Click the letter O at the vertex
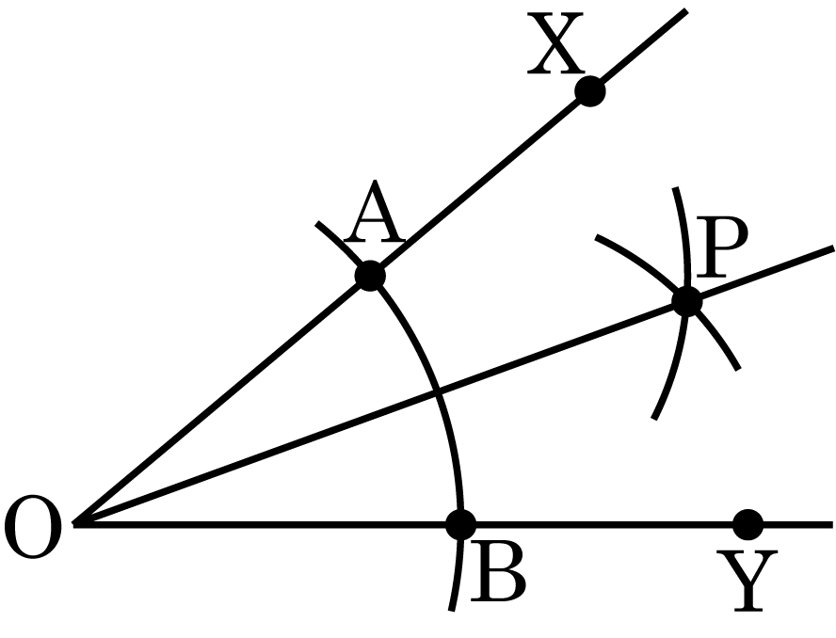click(x=33, y=527)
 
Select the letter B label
click(x=498, y=572)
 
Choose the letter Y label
click(x=747, y=581)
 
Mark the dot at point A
click(x=370, y=276)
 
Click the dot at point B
click(x=460, y=524)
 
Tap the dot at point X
click(x=590, y=91)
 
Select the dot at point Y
click(x=748, y=524)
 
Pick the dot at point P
click(x=687, y=302)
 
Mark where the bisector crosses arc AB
click(x=437, y=393)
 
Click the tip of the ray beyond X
click(x=686, y=10)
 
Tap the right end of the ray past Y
click(x=832, y=525)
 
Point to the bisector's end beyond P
click(x=833, y=247)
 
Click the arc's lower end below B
click(x=452, y=611)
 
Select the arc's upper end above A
click(x=316, y=223)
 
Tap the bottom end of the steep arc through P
click(x=653, y=420)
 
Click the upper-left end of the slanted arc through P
click(x=596, y=236)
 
